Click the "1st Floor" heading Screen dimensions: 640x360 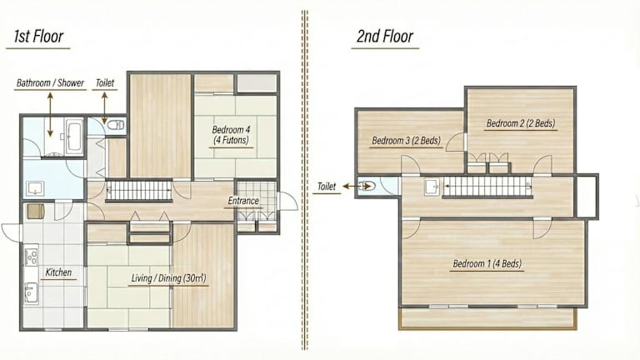pyautogui.click(x=39, y=37)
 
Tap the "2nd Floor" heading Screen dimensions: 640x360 pyautogui.click(x=385, y=37)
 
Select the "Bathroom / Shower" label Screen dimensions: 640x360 pyautogui.click(x=50, y=82)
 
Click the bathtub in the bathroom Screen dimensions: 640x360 pyautogui.click(x=74, y=137)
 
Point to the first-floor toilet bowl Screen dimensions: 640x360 pyautogui.click(x=116, y=124)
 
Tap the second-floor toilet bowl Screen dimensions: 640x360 pyautogui.click(x=367, y=186)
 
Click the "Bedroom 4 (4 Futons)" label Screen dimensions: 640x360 pyautogui.click(x=231, y=135)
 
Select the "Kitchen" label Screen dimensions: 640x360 pyautogui.click(x=58, y=272)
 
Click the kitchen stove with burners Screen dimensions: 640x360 pyautogui.click(x=32, y=257)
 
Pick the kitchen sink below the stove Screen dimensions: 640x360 pyautogui.click(x=31, y=292)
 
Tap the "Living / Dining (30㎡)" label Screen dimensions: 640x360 pyautogui.click(x=168, y=278)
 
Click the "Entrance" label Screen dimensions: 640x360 pyautogui.click(x=243, y=201)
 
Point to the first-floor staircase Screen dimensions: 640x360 pyautogui.click(x=139, y=191)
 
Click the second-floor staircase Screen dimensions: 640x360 pyautogui.click(x=487, y=186)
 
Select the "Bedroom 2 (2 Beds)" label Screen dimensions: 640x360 pyautogui.click(x=521, y=123)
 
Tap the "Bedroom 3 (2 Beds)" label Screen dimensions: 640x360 pyautogui.click(x=407, y=141)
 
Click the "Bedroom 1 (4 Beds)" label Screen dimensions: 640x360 pyautogui.click(x=487, y=263)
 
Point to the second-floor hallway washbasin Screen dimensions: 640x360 pyautogui.click(x=432, y=187)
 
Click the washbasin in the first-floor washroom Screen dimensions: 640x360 pyautogui.click(x=35, y=189)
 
